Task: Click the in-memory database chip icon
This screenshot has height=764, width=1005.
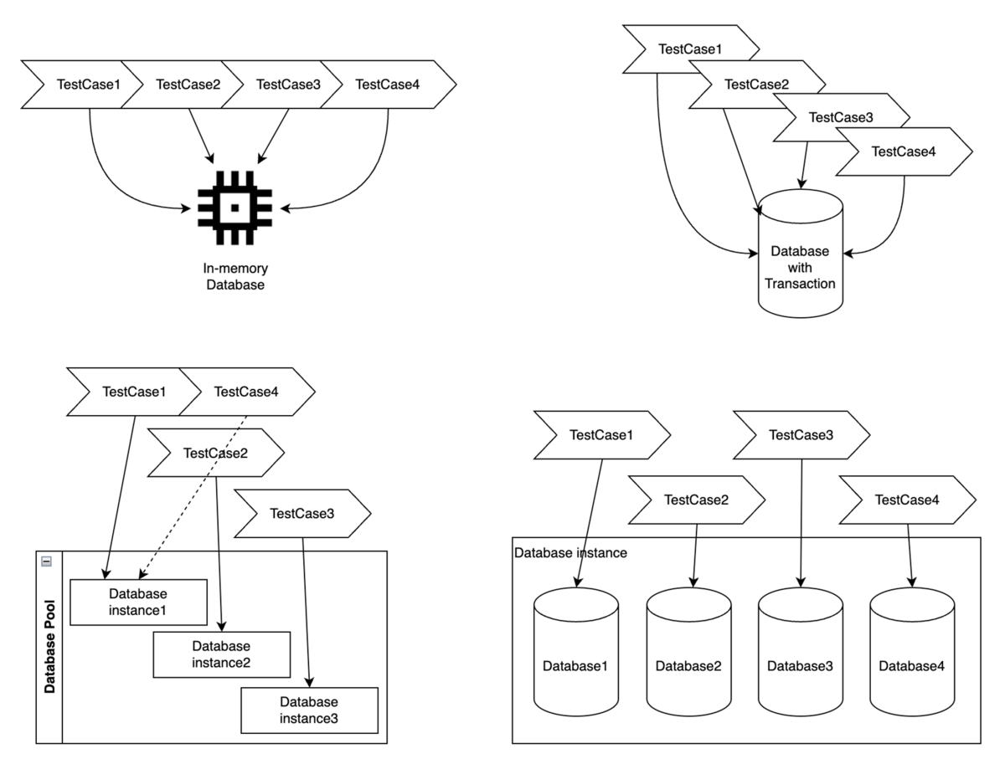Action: coord(235,208)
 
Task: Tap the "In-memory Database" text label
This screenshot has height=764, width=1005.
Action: coord(235,277)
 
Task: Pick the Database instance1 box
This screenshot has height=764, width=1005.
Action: coord(138,601)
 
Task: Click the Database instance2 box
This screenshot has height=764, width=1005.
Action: coord(221,654)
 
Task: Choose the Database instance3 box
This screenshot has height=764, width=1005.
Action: coord(309,710)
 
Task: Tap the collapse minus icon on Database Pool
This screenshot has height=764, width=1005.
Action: coord(47,561)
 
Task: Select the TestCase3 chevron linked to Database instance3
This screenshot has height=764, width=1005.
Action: coord(302,514)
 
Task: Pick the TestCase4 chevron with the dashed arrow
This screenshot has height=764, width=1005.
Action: coord(248,391)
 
